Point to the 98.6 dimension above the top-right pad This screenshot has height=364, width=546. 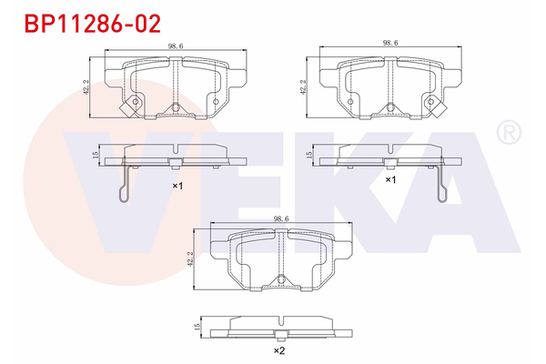390,43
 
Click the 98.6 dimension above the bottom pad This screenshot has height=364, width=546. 280,218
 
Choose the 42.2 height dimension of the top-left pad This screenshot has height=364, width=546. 86,85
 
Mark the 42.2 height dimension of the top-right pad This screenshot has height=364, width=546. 303,85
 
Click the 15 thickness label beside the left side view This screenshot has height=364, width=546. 96,156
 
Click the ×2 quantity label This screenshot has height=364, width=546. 280,350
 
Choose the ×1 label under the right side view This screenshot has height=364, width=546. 391,180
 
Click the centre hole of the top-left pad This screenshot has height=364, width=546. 174,106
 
